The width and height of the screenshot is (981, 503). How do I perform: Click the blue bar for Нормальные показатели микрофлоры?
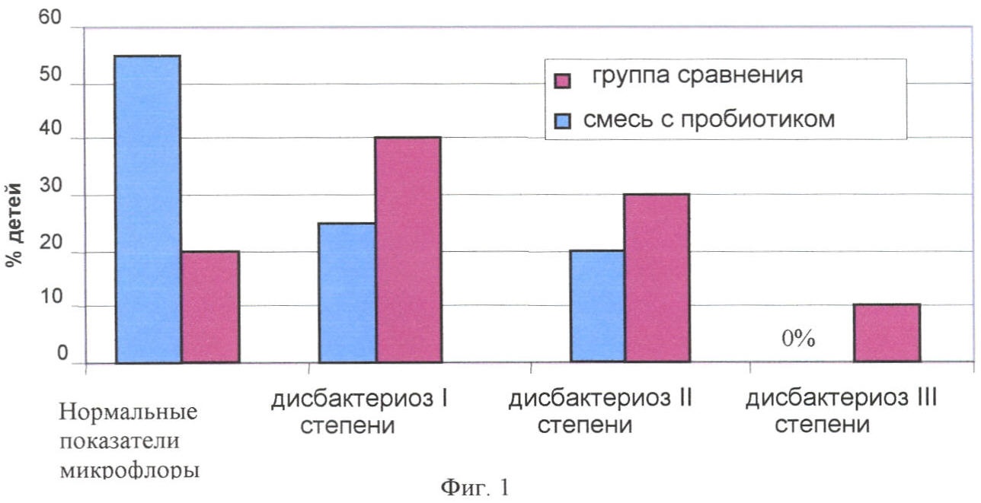coord(148,209)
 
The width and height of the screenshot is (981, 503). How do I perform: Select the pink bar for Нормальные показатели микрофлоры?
coord(210,307)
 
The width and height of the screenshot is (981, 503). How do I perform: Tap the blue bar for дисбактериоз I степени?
coord(347,293)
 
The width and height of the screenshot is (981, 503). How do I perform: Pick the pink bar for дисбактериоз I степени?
coord(408,250)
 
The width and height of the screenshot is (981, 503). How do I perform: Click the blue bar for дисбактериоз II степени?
coord(598,307)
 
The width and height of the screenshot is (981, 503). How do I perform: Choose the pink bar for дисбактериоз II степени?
coord(657,278)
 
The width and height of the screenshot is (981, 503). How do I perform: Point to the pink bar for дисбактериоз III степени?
coord(887,333)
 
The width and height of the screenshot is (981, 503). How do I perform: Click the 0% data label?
coord(798,339)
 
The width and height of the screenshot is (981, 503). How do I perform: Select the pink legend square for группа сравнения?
coord(563,81)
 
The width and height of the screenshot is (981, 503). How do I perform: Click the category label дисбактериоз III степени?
coord(841,411)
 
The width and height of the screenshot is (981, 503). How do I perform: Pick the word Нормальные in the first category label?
coord(128,413)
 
